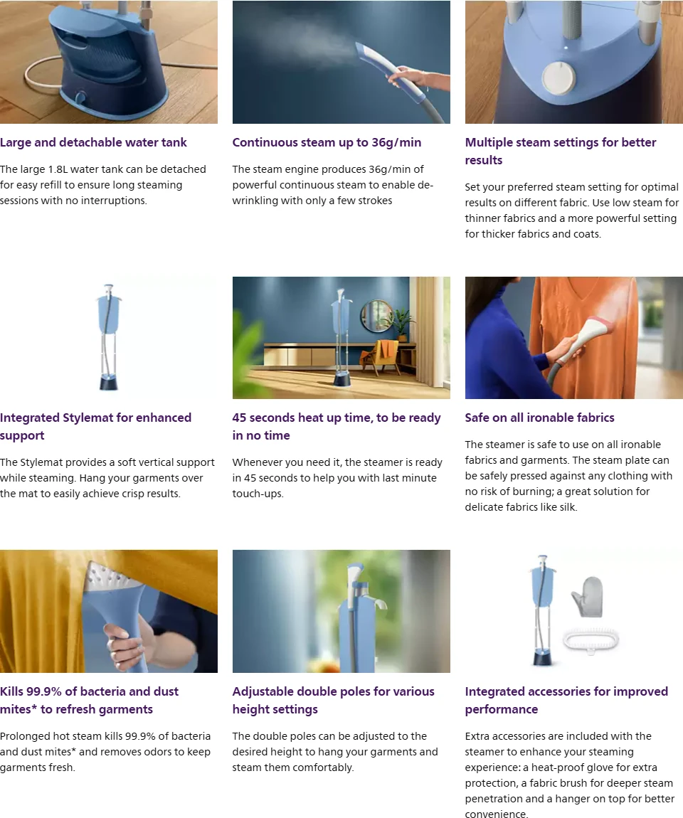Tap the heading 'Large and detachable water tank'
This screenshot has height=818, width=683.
pyautogui.click(x=93, y=142)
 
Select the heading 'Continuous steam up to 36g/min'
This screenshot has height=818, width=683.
pyautogui.click(x=327, y=142)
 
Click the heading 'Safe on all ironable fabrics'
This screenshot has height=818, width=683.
pyautogui.click(x=539, y=418)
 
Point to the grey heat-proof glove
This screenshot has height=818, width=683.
pyautogui.click(x=588, y=596)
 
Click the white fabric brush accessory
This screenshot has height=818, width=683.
pyautogui.click(x=591, y=641)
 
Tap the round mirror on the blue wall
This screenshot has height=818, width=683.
pyautogui.click(x=376, y=316)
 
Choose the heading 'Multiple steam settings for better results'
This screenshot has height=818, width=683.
pyautogui.click(x=561, y=152)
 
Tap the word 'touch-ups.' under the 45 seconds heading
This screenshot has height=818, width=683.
pyautogui.click(x=258, y=494)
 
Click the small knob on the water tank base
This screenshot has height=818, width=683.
pyautogui.click(x=81, y=97)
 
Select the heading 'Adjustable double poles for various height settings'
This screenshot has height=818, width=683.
pyautogui.click(x=334, y=700)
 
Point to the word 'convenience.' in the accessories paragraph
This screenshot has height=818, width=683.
pyautogui.click(x=496, y=814)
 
